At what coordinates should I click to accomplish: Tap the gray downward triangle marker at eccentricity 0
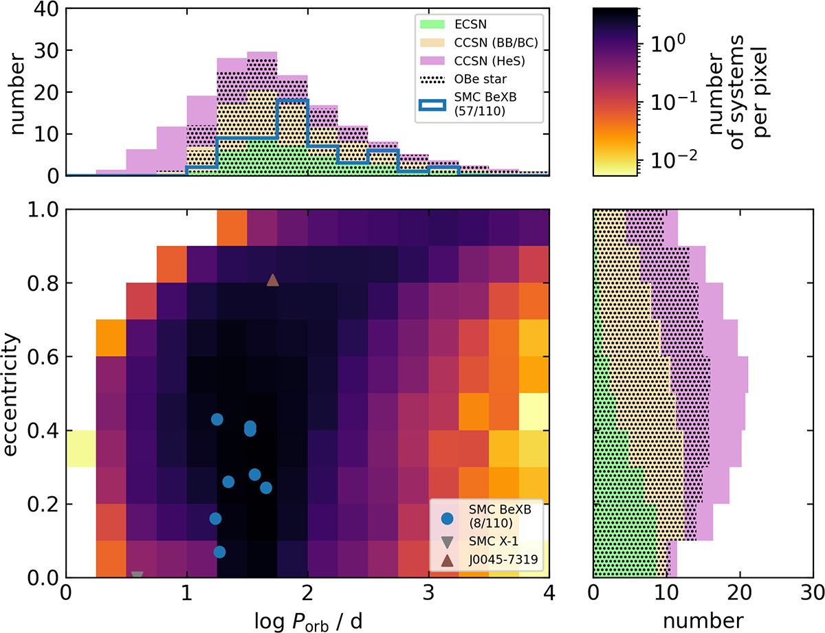(x=137, y=576)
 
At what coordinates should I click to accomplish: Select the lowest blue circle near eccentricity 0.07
(x=219, y=551)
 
